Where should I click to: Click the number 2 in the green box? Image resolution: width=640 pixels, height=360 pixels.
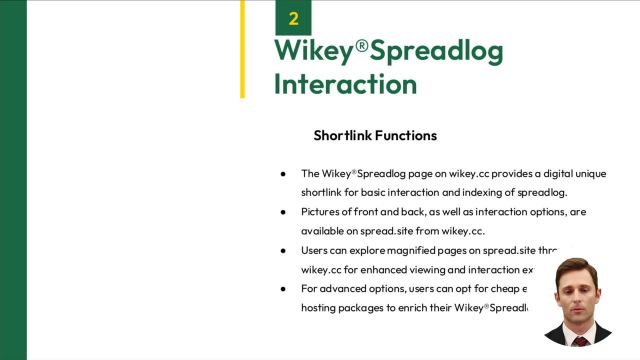[293, 18]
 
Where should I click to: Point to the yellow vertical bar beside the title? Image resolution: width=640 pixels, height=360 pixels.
[242, 49]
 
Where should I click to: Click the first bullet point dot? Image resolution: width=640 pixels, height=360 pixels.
[283, 173]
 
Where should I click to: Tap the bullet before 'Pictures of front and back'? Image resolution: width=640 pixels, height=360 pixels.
[283, 212]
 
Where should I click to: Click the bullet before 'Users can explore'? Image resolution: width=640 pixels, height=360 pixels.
[283, 250]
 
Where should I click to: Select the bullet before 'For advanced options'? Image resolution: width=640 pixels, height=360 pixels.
[283, 289]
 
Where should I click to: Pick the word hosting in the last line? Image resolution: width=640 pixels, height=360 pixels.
[320, 308]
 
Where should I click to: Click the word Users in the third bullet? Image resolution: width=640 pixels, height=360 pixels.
[317, 250]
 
